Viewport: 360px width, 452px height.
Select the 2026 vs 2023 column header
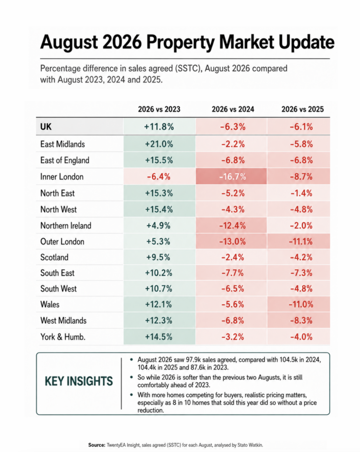(159, 109)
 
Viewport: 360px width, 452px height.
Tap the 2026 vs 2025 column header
(303, 109)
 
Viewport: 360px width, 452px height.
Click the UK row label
(46, 126)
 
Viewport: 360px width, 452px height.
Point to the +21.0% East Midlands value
(159, 144)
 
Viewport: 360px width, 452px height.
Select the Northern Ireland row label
(66, 225)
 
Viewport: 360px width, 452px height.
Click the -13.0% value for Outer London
(233, 242)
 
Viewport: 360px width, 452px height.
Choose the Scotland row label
(54, 257)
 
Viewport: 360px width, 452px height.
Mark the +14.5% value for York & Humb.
(159, 337)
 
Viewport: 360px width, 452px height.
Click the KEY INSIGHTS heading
(79, 382)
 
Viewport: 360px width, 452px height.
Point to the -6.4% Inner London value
(159, 176)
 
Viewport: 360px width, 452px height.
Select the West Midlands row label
(64, 320)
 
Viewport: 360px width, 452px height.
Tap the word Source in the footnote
(97, 445)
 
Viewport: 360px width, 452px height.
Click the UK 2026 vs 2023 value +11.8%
(159, 126)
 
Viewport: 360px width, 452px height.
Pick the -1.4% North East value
(302, 193)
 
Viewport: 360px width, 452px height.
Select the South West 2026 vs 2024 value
(233, 289)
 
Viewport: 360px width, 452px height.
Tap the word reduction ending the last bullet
(150, 410)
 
